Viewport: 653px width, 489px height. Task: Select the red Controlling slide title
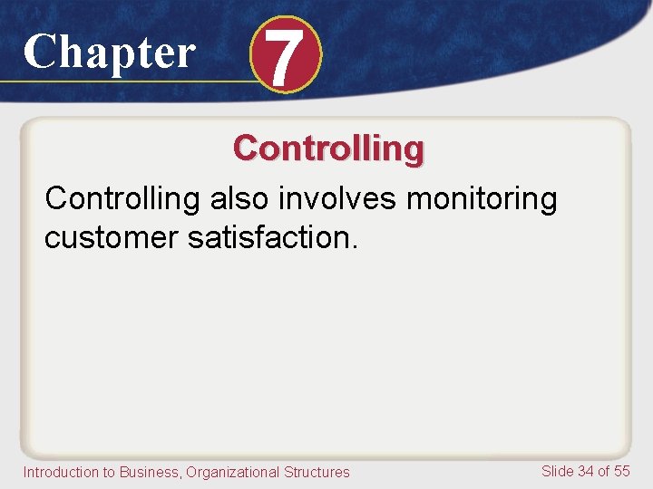pyautogui.click(x=327, y=148)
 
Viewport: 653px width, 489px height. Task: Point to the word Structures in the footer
pyautogui.click(x=317, y=472)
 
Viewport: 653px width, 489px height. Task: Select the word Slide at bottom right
pyautogui.click(x=557, y=471)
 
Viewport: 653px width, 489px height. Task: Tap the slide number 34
pyautogui.click(x=586, y=471)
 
